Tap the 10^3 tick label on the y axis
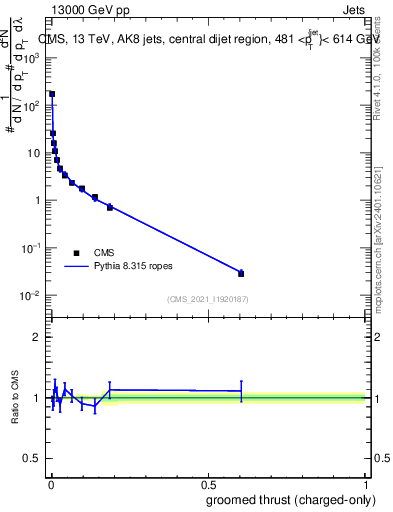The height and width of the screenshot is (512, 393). click(x=32, y=58)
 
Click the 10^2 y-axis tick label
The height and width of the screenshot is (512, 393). click(x=32, y=105)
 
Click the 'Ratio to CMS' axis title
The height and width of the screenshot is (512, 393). click(x=16, y=397)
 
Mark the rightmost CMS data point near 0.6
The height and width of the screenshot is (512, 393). click(x=241, y=273)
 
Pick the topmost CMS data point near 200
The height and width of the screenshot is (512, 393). click(x=52, y=94)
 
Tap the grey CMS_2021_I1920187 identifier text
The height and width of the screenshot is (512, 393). click(x=207, y=299)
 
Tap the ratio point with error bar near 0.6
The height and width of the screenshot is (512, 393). click(x=241, y=391)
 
